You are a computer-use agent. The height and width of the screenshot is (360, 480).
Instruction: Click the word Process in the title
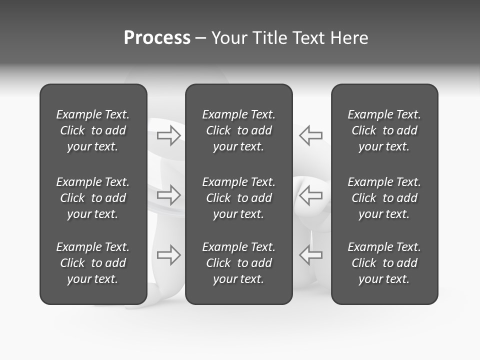157,38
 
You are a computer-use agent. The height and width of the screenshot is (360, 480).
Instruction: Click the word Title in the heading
268,38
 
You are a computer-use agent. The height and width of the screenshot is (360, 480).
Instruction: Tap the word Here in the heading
350,38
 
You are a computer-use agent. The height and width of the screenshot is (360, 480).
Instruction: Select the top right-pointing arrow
168,135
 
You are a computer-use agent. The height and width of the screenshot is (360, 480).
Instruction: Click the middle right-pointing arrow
168,195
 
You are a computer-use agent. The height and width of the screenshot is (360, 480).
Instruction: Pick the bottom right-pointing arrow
168,255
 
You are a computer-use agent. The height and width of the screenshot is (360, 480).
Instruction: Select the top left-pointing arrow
311,135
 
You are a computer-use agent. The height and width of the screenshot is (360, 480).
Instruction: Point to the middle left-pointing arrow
311,195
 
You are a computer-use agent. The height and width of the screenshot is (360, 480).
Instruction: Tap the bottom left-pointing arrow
311,255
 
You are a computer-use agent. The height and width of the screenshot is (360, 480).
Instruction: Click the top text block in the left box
93,130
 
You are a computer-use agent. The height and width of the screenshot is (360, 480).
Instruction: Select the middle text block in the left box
93,198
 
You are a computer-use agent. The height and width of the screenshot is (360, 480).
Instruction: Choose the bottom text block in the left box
93,263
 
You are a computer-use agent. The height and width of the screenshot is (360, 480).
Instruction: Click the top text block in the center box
239,130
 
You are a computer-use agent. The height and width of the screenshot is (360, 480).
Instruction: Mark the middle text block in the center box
239,198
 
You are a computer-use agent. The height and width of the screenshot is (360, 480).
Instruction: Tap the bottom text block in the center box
239,263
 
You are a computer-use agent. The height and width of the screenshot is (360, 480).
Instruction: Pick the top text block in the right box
384,130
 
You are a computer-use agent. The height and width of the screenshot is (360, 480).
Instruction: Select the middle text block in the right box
384,198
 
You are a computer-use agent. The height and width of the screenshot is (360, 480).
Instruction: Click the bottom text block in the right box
384,263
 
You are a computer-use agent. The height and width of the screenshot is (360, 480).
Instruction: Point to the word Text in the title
308,38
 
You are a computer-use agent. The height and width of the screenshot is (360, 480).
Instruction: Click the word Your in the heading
229,38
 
